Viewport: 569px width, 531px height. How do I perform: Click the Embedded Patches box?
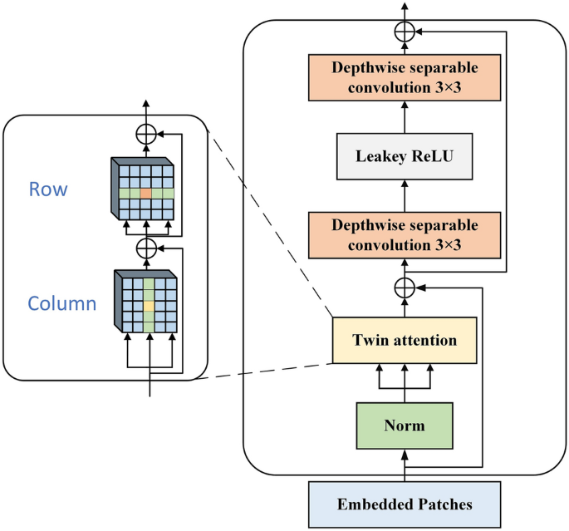click(405, 504)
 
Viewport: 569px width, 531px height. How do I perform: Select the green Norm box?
click(405, 425)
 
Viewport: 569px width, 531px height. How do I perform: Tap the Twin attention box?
click(405, 340)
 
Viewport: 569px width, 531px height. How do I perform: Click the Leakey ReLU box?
click(405, 155)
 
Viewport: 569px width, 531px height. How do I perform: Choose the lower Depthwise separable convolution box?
click(405, 235)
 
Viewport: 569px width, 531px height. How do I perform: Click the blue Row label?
click(47, 189)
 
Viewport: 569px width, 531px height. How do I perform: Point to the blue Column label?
click(62, 303)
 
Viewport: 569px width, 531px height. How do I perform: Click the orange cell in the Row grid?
click(146, 193)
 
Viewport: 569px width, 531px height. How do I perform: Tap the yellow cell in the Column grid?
click(148, 306)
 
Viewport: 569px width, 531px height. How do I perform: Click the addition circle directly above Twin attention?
click(405, 287)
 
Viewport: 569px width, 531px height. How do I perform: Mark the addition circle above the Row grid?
click(146, 133)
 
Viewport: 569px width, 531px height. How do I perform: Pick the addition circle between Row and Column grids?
click(146, 247)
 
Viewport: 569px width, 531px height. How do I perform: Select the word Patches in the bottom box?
click(444, 504)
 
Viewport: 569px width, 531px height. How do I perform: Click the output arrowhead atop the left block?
click(146, 104)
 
